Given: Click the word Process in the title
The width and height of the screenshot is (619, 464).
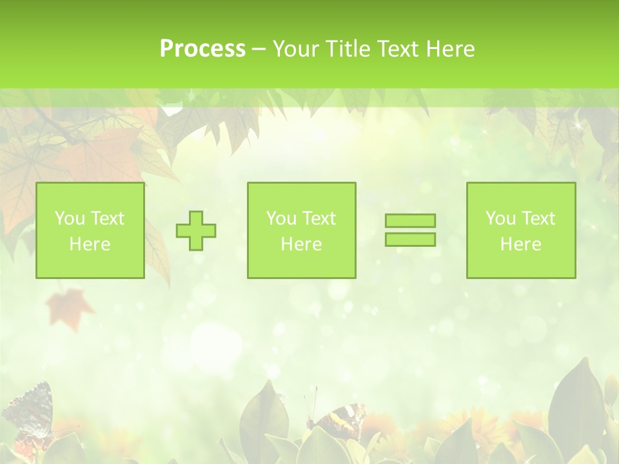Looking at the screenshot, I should [x=202, y=49].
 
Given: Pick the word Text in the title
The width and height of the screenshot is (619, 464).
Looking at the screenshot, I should [x=399, y=49].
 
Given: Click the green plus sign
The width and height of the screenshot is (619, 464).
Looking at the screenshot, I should [x=196, y=231].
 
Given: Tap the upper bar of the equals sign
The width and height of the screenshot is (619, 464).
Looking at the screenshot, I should [x=410, y=221].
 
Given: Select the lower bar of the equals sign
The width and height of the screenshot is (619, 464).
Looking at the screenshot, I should [x=410, y=239].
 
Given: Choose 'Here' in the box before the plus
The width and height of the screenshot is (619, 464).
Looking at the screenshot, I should [x=90, y=244].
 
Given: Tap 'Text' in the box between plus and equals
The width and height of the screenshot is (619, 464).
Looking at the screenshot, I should [x=319, y=218].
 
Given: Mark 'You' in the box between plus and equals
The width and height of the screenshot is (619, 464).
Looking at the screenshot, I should [x=281, y=218].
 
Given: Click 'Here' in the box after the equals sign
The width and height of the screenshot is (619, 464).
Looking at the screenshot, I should [x=520, y=244].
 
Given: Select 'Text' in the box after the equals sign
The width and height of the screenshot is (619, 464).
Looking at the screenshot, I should [x=538, y=218].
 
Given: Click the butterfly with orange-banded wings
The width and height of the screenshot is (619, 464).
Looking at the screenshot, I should [x=339, y=419].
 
